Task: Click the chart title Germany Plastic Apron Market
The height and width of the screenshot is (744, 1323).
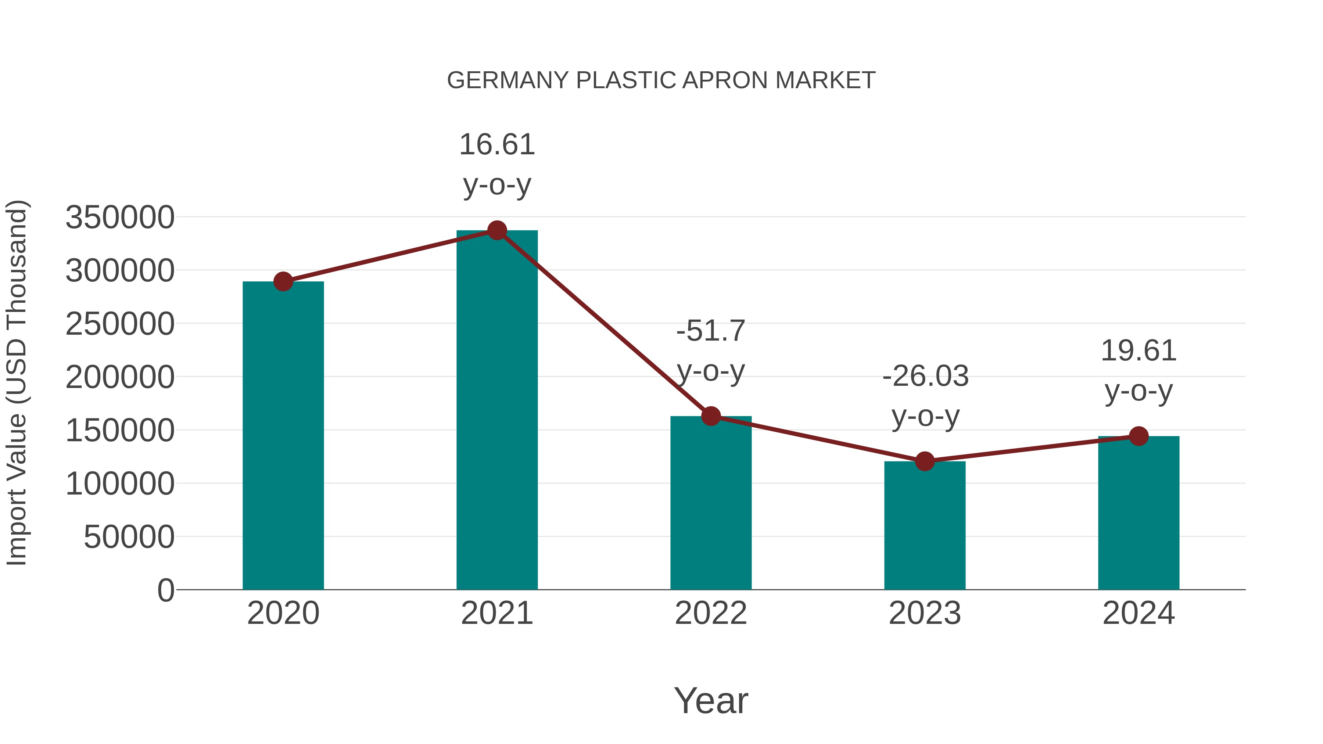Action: pos(661,80)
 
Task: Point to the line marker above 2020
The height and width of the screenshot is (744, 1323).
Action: pos(283,281)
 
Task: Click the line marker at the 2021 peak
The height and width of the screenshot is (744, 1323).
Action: pos(496,230)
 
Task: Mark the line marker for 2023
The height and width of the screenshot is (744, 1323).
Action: pos(925,461)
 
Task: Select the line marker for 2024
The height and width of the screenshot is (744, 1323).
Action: pos(1139,436)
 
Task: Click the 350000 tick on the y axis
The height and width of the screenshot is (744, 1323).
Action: pos(120,217)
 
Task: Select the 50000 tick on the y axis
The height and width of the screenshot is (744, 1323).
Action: pos(129,537)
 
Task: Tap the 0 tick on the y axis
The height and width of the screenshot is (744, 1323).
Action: pos(165,590)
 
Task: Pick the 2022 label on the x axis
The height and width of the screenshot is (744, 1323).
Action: pos(711,613)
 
